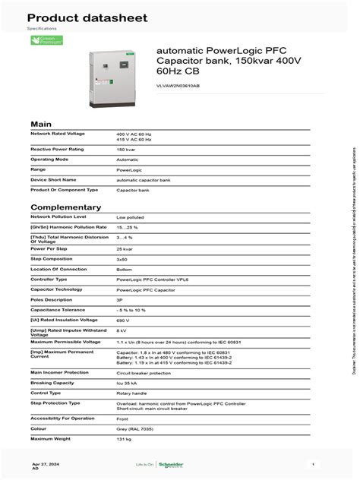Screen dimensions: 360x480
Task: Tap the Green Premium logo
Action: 46,40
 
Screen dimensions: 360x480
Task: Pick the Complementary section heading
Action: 65,207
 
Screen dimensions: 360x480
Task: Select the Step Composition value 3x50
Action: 122,259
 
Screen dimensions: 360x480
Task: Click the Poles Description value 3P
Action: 120,299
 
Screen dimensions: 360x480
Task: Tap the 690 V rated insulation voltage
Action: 123,320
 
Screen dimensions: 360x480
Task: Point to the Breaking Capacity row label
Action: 52,382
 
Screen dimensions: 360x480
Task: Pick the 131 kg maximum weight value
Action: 123,438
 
